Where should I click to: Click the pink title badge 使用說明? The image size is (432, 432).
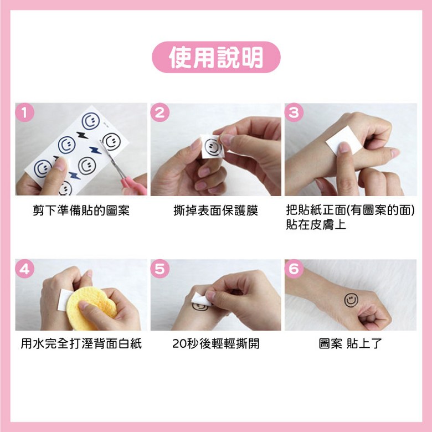[216, 57]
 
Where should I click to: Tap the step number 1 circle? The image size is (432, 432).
[25, 112]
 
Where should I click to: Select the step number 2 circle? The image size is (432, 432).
[160, 112]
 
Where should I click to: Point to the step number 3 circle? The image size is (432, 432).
[294, 112]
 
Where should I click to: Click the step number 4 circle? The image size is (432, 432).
[25, 269]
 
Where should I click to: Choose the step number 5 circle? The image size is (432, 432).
[160, 269]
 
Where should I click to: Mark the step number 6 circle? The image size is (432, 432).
[294, 269]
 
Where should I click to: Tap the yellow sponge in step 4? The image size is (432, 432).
[91, 307]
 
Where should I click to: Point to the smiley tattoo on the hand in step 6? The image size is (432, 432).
[351, 300]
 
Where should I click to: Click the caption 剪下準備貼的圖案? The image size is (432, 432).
[81, 211]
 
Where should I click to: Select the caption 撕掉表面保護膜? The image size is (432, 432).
[216, 211]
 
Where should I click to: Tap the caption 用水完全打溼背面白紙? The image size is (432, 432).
[81, 343]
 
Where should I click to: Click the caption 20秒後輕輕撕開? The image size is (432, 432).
[216, 343]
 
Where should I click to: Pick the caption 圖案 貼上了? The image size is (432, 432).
[350, 343]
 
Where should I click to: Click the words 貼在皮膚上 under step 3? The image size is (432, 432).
[316, 224]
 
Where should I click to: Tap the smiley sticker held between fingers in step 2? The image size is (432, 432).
[213, 147]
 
